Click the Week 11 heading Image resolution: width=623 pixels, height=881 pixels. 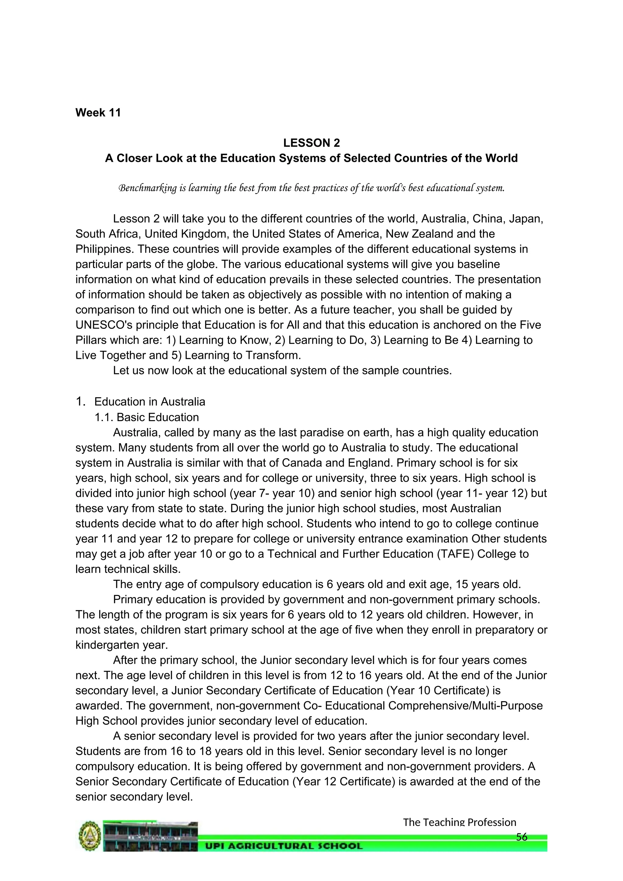coord(98,113)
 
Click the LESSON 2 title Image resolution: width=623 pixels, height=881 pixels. coord(311,143)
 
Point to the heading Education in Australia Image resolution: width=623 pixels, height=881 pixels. coord(150,402)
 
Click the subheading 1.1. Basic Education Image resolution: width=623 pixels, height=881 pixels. coord(147,417)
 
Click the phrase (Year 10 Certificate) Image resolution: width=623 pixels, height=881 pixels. coord(438,691)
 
